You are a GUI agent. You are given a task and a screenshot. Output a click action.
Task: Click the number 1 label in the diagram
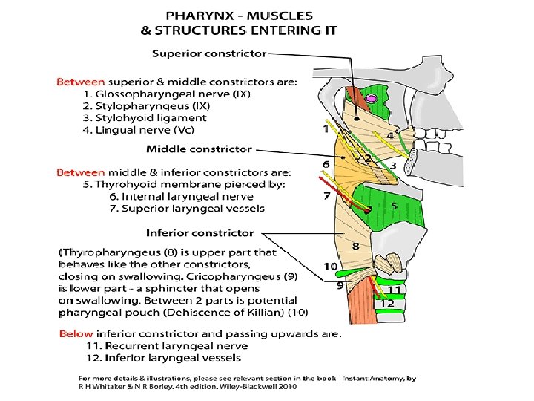pos(325,129)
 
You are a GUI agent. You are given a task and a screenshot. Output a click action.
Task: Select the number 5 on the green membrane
pos(394,206)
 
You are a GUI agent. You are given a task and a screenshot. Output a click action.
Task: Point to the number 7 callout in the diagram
pos(326,196)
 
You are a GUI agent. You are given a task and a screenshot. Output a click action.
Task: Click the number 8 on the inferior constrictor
pos(356,245)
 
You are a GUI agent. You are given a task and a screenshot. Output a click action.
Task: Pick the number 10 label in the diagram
pos(330,267)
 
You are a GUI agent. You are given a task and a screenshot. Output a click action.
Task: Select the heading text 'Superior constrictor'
pos(208,53)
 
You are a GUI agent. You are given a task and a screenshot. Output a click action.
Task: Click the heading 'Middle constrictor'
pos(199,149)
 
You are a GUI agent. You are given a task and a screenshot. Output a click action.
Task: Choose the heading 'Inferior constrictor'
pos(200,233)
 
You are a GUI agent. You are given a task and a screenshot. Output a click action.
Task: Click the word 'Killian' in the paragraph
pos(268,312)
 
